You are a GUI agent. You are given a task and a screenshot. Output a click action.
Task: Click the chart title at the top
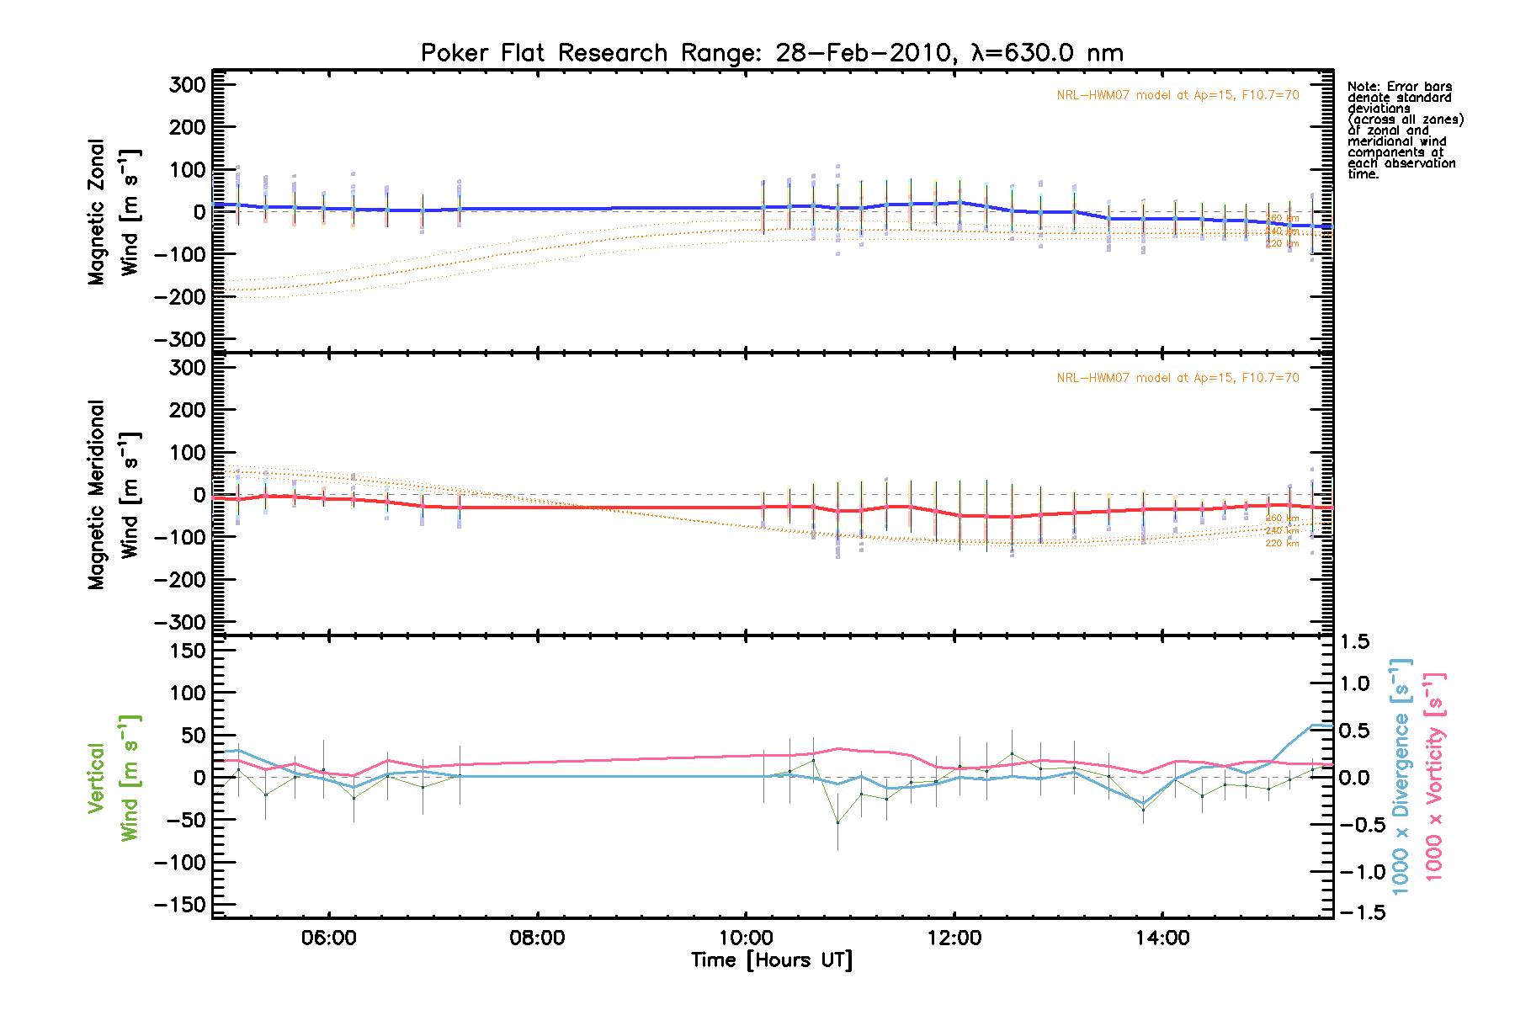(x=772, y=53)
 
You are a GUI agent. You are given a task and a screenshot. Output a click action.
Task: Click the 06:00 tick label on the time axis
(x=328, y=938)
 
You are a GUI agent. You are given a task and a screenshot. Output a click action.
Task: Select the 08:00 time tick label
(x=537, y=938)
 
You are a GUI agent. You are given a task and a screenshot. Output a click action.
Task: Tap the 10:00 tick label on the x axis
(x=746, y=938)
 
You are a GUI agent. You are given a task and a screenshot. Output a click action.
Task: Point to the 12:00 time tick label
(x=954, y=938)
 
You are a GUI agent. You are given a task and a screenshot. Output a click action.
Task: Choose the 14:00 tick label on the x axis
(x=1162, y=938)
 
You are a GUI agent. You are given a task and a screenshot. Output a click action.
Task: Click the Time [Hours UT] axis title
(x=772, y=960)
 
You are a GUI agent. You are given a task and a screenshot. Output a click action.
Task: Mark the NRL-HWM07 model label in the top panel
(x=1177, y=95)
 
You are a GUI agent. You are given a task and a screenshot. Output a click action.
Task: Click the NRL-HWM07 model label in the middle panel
(x=1177, y=378)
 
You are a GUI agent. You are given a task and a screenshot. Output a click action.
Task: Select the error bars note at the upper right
(x=1404, y=130)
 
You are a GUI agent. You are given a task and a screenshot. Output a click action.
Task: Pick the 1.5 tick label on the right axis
(x=1354, y=642)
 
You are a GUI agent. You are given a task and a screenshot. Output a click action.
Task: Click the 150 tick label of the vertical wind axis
(x=188, y=651)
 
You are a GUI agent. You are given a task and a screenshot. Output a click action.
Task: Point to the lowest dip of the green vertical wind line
(x=837, y=822)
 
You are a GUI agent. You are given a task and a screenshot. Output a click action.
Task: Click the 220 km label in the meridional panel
(x=1282, y=544)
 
